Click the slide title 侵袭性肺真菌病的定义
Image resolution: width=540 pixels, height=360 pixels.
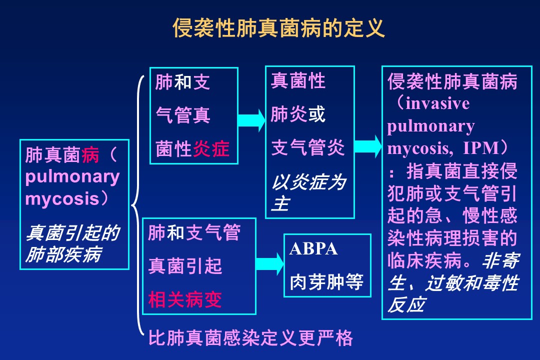278,28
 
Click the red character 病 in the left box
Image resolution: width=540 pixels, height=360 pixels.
90,154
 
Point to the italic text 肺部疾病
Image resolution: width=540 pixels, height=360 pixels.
64,254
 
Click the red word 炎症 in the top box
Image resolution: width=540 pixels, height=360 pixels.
211,148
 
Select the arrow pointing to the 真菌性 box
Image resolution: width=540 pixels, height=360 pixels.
251,120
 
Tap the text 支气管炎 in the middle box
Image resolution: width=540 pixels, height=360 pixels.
308,147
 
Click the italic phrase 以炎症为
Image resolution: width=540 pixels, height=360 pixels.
309,181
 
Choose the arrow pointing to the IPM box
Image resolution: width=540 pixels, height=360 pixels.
368,146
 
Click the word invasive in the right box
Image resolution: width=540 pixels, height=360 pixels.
437,103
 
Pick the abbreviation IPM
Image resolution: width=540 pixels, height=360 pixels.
481,148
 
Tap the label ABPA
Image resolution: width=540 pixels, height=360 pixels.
313,248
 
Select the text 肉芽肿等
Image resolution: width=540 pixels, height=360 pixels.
326,282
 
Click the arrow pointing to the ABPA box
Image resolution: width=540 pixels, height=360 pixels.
269,264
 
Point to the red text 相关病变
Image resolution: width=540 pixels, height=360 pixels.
185,299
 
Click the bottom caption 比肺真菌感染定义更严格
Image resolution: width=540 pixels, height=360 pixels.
250,337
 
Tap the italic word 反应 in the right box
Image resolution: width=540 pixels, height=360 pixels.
406,304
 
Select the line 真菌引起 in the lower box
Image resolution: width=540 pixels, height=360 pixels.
185,265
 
